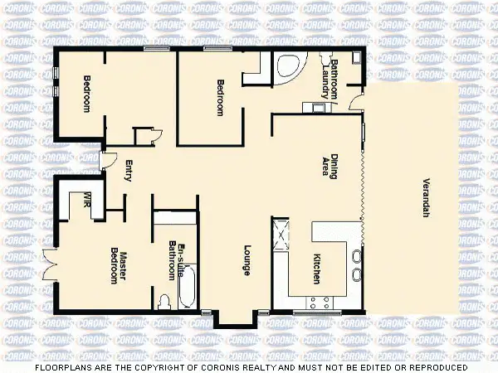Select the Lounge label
pos(247,259)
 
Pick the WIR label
pos(87,199)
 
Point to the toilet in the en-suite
pos(164,299)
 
